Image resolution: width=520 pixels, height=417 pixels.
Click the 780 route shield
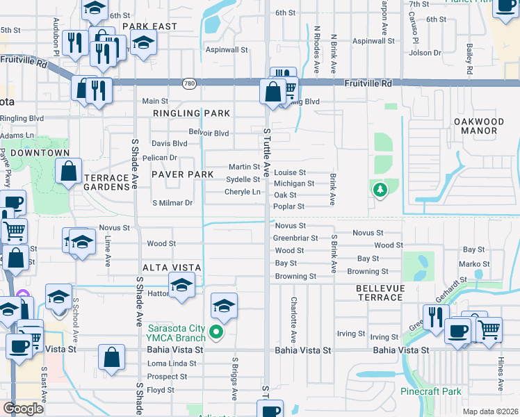point(189,83)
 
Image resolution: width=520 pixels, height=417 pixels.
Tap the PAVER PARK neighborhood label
point(177,174)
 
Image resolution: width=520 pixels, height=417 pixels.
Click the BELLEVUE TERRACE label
point(379,292)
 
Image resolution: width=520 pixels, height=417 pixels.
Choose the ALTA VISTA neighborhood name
point(172,268)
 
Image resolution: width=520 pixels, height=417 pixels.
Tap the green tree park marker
point(380,189)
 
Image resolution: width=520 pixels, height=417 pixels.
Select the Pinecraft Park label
point(430,391)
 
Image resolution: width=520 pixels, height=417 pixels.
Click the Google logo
point(24,409)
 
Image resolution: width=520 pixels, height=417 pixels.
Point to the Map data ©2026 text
point(490,411)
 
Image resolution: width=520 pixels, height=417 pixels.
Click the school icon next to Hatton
point(181,286)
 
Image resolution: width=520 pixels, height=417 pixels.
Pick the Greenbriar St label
point(295,238)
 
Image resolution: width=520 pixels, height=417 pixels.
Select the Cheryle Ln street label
point(242,192)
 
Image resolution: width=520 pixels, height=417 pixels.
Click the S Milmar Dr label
point(172,203)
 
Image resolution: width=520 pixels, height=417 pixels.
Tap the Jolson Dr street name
point(425,53)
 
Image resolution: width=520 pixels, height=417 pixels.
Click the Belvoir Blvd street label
point(209,133)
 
